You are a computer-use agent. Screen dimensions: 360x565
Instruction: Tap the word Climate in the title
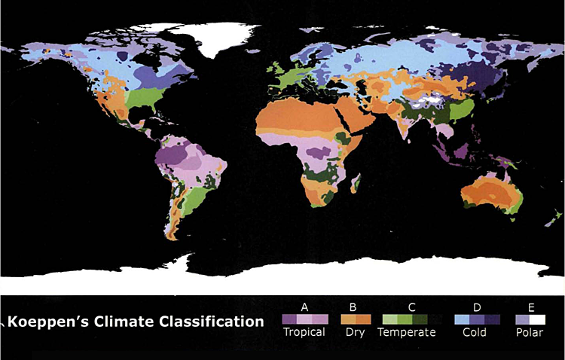point(119,322)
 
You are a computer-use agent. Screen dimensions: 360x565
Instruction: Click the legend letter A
point(304,307)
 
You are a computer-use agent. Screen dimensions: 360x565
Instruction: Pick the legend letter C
point(411,307)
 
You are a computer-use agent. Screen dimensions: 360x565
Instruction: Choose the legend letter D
point(478,307)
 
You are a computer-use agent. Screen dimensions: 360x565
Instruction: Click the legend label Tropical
point(304,332)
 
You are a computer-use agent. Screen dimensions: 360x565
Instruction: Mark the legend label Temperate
point(407,332)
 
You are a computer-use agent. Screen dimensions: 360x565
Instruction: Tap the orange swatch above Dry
point(354,319)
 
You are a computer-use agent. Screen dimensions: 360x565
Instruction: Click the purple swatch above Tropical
point(304,319)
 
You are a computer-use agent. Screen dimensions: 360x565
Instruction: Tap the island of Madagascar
point(356,183)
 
